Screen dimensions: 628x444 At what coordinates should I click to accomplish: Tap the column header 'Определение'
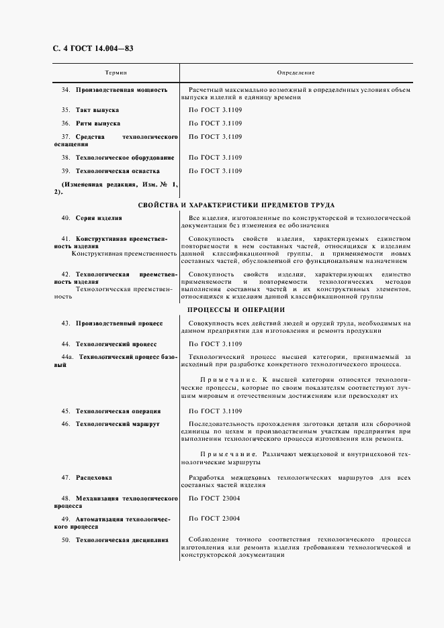coord(296,72)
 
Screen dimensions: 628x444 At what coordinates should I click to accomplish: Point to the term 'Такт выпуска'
coord(97,109)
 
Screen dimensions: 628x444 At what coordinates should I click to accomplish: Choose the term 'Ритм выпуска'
coord(98,123)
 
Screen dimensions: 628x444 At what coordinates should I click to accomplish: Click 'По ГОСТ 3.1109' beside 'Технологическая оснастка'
coord(215,171)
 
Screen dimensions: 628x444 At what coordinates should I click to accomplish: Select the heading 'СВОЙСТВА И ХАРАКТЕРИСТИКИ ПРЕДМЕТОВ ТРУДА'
coord(236,205)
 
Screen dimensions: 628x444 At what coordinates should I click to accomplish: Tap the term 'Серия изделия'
coord(99,218)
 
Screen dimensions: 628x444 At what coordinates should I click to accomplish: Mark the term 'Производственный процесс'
coord(120,323)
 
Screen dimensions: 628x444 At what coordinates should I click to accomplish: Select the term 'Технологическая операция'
coord(118,411)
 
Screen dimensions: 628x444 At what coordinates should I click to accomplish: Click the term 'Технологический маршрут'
coord(118,424)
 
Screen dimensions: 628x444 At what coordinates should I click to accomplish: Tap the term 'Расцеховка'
coord(94,478)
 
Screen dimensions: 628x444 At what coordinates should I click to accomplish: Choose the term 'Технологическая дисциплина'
coord(122,539)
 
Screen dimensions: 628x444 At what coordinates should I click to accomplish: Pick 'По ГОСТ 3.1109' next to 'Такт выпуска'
coord(215,109)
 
